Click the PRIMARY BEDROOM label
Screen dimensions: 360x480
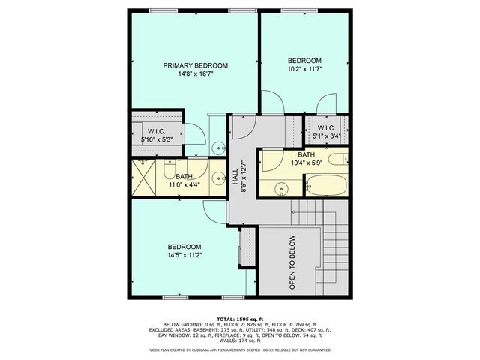click(x=196, y=66)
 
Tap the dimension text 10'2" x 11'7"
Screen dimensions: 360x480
click(x=304, y=69)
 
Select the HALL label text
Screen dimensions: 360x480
click(x=235, y=177)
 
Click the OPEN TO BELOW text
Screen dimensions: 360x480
click(x=292, y=262)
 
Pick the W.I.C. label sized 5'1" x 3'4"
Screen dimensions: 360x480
click(x=325, y=127)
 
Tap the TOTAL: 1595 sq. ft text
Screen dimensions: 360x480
click(x=240, y=318)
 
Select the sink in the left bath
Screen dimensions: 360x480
click(x=217, y=178)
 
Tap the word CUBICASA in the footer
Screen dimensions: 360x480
click(x=229, y=349)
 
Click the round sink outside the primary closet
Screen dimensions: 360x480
click(x=216, y=146)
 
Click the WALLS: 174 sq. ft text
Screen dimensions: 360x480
click(x=240, y=341)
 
